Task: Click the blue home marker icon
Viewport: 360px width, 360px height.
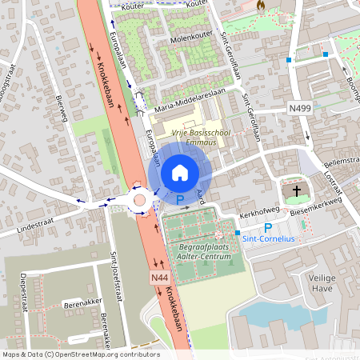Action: coord(179,171)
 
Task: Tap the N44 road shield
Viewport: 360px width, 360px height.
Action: coord(158,277)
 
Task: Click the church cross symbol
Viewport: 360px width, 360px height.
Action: coord(298,191)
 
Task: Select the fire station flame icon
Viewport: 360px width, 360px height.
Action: coord(261,5)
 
